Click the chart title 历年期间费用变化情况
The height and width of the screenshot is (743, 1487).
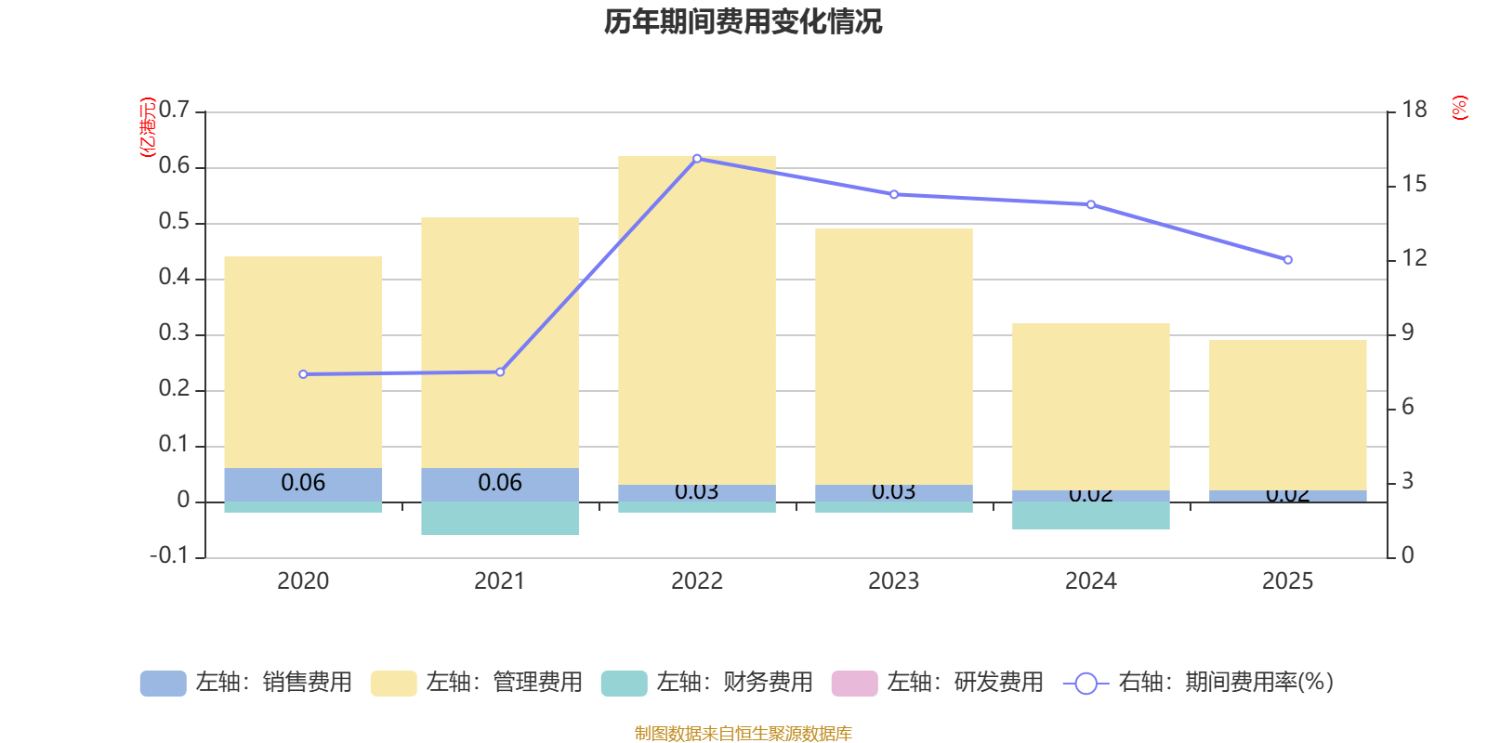coord(743,22)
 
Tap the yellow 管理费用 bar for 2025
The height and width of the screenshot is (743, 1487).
coord(1287,414)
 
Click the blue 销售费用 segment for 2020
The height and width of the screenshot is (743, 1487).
coord(303,484)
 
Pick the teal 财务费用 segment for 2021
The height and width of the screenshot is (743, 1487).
coord(500,518)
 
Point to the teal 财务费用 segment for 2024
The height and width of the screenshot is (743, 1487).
coord(1090,515)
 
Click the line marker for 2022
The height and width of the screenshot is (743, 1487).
coord(697,158)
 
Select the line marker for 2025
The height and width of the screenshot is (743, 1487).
coord(1287,260)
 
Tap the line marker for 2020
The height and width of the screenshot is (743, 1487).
coord(303,374)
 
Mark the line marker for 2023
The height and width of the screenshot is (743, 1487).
coord(894,195)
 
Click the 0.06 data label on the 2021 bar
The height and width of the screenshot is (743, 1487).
coord(500,483)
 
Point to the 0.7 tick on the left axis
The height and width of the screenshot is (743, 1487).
coord(174,111)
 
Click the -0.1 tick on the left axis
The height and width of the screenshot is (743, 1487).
coord(169,556)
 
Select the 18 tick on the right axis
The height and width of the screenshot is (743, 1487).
coord(1415,111)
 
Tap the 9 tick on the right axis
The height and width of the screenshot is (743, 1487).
coord(1407,333)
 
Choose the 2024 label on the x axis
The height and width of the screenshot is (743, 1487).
coord(1090,581)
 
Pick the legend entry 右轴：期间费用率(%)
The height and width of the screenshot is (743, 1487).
coord(1199,683)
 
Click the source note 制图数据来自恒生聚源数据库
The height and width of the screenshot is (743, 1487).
coord(743,734)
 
